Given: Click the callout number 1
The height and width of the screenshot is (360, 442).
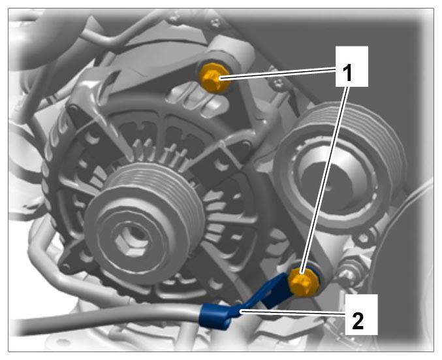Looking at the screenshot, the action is (x=349, y=73).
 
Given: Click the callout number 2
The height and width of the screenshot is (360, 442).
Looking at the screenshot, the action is (x=358, y=321).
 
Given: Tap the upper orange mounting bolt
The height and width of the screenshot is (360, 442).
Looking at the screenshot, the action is (x=213, y=77).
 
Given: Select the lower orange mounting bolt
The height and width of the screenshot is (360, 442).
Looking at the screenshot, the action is (x=303, y=282).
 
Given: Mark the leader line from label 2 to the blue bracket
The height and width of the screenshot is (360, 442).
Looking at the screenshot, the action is (x=292, y=312).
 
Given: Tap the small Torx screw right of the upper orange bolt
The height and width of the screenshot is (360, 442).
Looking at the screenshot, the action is (x=279, y=82).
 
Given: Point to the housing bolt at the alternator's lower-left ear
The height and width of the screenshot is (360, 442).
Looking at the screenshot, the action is (x=65, y=267).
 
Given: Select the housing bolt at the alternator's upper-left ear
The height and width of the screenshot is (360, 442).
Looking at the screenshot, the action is (x=72, y=108).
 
